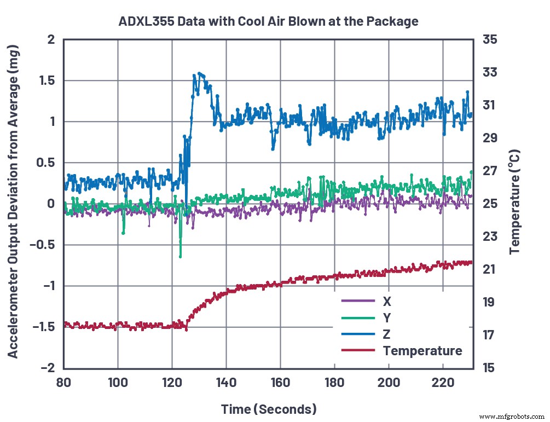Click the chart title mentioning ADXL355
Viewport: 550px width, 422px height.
pyautogui.click(x=268, y=22)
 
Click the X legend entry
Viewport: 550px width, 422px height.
pyautogui.click(x=387, y=301)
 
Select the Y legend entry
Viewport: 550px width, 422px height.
pyautogui.click(x=387, y=317)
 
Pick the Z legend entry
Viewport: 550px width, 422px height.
pyautogui.click(x=387, y=334)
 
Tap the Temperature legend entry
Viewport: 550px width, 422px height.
pyautogui.click(x=422, y=350)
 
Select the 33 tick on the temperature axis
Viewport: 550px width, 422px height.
pyautogui.click(x=488, y=72)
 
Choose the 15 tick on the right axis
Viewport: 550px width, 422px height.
pyautogui.click(x=488, y=367)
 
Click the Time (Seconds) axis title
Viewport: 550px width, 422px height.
pyautogui.click(x=268, y=409)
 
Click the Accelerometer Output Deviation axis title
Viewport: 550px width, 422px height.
pyautogui.click(x=13, y=203)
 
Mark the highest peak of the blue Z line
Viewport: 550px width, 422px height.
pyautogui.click(x=199, y=73)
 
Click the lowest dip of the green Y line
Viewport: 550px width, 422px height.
pyautogui.click(x=180, y=256)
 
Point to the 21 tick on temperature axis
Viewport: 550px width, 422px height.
pyautogui.click(x=488, y=269)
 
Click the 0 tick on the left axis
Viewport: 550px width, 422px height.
pyautogui.click(x=51, y=204)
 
